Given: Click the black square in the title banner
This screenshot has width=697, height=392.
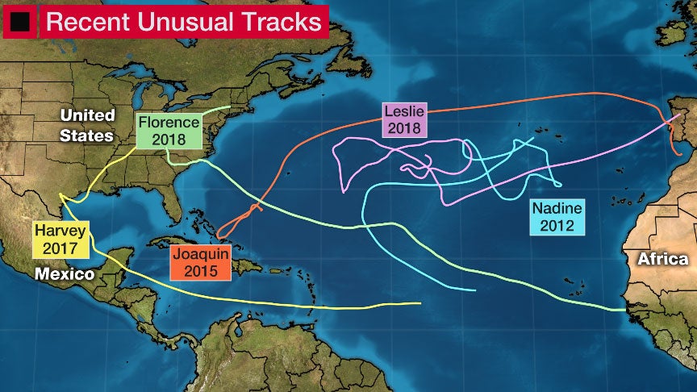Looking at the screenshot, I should pos(22,22).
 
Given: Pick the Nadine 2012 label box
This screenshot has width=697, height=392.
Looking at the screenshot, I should pos(557,217).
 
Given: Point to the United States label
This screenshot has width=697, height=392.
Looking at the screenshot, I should pos(86,125).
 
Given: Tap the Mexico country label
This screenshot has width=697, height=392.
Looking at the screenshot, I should pos(65,275).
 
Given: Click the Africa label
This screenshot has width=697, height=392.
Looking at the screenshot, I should pos(662,259).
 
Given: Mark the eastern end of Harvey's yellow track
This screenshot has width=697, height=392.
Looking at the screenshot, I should pos(420,303).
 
